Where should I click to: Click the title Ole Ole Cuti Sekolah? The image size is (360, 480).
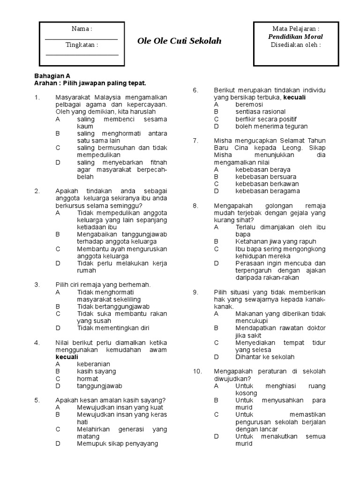point(179,41)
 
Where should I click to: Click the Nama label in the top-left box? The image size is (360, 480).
point(82,29)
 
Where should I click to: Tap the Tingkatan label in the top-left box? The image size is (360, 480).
point(82,45)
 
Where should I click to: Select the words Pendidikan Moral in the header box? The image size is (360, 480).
point(295,37)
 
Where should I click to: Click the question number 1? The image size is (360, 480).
point(37,97)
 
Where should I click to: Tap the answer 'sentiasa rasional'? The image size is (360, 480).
point(260,112)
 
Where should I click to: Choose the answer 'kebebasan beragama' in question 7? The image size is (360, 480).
point(267,191)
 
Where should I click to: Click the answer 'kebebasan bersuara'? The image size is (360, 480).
point(267,177)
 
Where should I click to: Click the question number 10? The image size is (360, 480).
point(197,371)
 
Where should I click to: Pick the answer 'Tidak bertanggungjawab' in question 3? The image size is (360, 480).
point(110,307)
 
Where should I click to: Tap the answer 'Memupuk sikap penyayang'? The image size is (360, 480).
point(117,443)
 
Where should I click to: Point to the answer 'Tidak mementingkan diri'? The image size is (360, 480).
point(113,328)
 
